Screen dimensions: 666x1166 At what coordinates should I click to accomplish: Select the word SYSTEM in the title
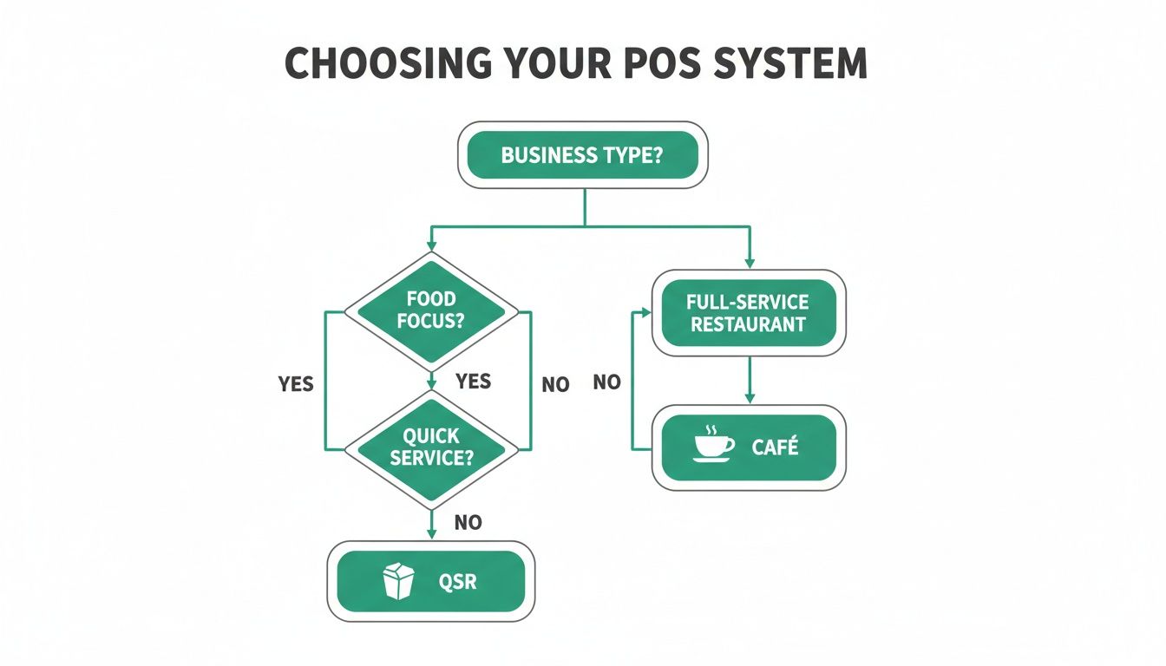tap(806, 64)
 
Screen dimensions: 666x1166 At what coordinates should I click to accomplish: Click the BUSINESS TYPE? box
tap(582, 156)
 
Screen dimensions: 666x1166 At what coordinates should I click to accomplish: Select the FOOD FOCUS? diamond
tap(431, 310)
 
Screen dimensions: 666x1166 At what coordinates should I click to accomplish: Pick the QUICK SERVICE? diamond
tap(431, 447)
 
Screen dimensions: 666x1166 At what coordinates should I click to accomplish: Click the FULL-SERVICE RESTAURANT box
tap(748, 313)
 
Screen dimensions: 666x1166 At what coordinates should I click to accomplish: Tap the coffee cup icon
tap(713, 444)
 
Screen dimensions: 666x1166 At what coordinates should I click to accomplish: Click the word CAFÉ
tap(776, 448)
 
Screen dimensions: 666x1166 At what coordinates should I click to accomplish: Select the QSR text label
tap(458, 581)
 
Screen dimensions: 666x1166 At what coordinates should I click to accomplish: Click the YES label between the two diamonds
tap(473, 382)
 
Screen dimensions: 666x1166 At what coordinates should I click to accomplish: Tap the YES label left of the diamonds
tap(296, 384)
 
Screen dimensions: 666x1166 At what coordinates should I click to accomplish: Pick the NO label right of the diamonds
tap(555, 385)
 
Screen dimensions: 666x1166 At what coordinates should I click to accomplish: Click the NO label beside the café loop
tap(607, 382)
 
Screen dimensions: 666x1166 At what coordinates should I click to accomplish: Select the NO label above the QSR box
tap(468, 522)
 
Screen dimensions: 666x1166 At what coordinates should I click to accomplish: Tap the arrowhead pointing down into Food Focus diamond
tap(431, 246)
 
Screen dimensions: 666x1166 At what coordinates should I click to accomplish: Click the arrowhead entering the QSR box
tap(431, 535)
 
